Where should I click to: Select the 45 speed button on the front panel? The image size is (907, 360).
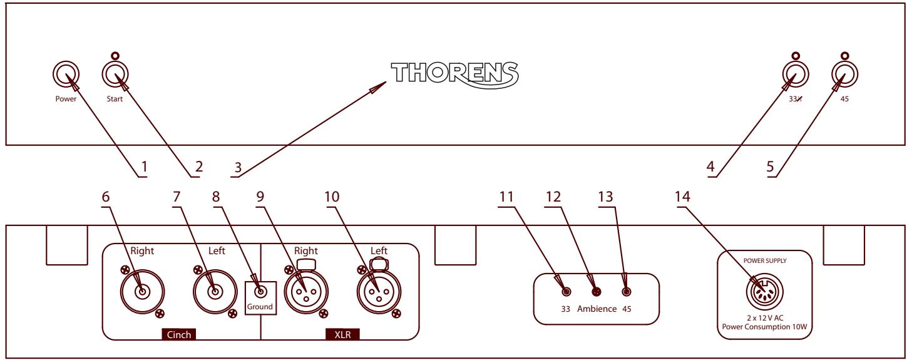pyautogui.click(x=844, y=76)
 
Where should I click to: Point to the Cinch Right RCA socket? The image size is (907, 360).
pyautogui.click(x=143, y=291)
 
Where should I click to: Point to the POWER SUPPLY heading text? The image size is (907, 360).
pyautogui.click(x=764, y=257)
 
